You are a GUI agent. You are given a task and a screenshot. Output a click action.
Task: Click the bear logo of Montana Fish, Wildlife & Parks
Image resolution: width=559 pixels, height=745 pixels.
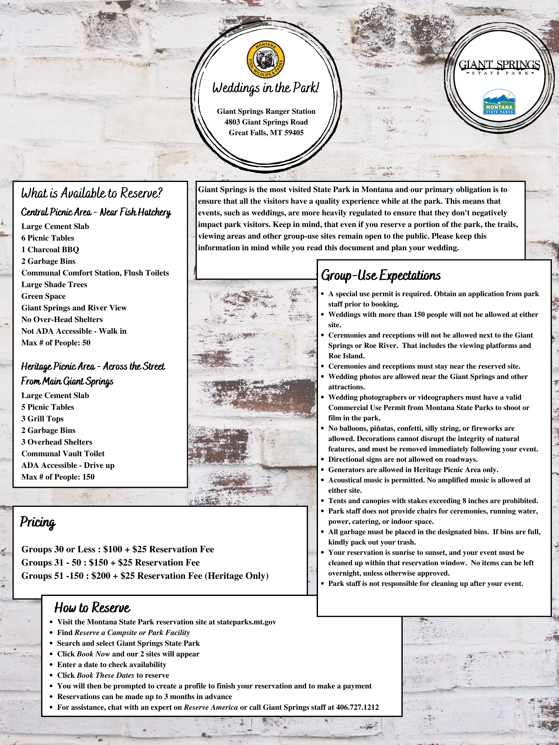tap(266, 60)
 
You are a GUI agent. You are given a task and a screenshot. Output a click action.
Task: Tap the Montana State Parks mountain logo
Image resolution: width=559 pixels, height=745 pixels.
tap(499, 102)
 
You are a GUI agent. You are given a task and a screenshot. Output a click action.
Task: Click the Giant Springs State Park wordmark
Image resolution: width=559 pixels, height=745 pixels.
tap(499, 66)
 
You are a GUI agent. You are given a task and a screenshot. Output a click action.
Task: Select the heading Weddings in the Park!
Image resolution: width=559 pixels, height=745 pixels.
tap(266, 88)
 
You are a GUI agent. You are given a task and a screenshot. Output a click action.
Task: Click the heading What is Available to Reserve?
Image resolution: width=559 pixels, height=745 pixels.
tap(92, 193)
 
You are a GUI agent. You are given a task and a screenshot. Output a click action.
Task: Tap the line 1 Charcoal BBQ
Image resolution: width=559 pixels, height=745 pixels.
tap(50, 250)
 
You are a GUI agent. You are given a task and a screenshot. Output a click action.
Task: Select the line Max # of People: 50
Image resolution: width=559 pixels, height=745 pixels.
tap(56, 343)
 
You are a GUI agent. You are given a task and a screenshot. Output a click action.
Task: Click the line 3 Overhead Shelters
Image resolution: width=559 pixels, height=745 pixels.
tap(57, 442)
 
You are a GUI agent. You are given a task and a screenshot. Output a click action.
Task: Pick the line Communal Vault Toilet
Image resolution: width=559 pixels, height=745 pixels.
tap(63, 454)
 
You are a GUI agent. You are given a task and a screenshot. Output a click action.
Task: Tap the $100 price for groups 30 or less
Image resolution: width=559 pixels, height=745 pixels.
tap(113, 549)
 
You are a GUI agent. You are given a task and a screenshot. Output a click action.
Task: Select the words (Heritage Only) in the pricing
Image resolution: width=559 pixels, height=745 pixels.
tap(238, 576)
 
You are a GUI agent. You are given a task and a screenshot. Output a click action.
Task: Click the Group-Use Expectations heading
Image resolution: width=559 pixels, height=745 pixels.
tap(381, 275)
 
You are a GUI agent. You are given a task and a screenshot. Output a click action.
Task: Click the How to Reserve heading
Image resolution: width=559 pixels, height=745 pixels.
tap(92, 608)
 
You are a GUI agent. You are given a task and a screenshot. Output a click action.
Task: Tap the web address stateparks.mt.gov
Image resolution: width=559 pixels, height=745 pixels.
tap(246, 622)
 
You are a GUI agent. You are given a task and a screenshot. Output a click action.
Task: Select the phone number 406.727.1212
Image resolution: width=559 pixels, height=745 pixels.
tap(357, 707)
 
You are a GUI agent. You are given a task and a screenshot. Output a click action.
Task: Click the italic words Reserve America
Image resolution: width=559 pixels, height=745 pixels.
tap(211, 707)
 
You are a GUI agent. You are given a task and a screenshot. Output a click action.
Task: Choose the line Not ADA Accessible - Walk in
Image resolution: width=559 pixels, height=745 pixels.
tap(74, 331)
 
